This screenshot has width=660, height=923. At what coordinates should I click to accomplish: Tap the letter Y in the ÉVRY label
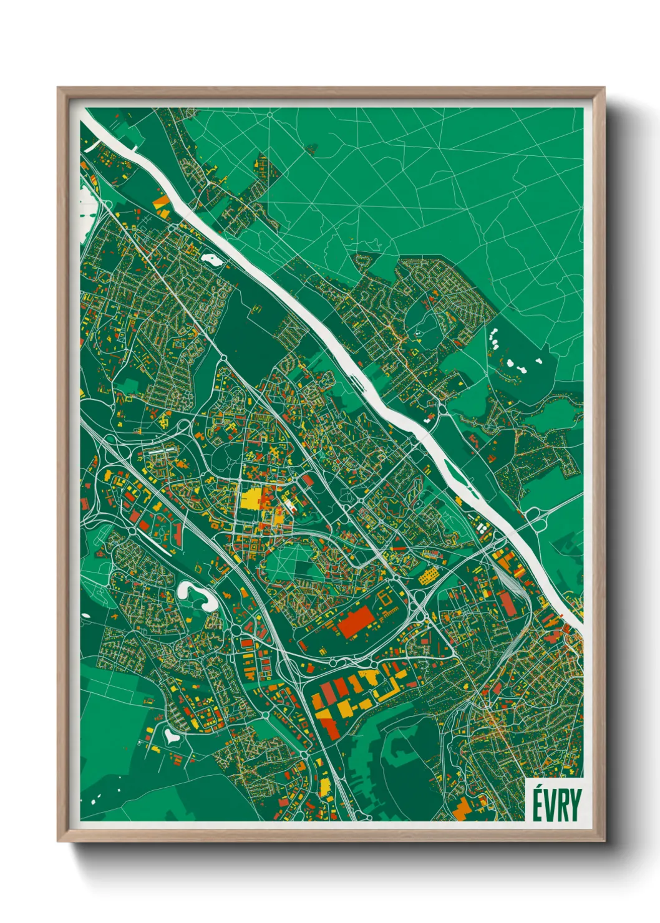(x=575, y=805)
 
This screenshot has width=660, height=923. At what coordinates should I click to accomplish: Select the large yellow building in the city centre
(x=251, y=499)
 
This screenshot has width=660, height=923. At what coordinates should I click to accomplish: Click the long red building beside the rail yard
(x=505, y=602)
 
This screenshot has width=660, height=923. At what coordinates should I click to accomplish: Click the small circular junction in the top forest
(x=269, y=115)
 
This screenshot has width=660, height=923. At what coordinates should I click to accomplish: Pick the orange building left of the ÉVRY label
(x=462, y=808)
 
